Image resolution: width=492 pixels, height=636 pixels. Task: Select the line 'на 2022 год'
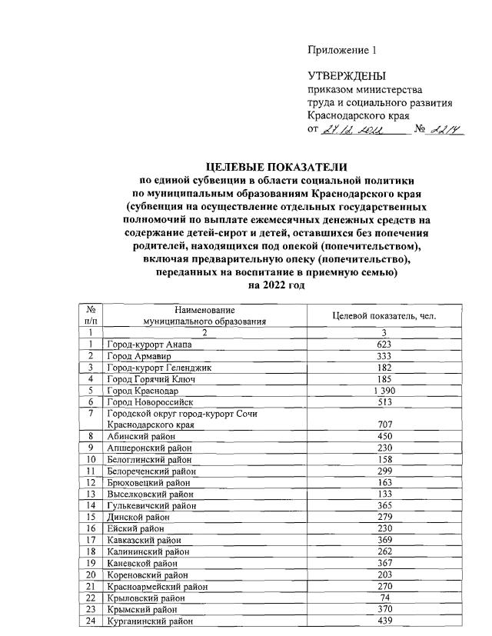coord(277,285)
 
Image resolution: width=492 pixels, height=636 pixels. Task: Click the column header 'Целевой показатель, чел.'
coord(384,315)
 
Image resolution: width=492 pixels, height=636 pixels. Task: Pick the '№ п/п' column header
coord(91,315)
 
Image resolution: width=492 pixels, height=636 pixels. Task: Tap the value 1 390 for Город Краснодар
coord(384,390)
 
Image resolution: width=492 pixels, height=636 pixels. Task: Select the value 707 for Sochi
coord(384,425)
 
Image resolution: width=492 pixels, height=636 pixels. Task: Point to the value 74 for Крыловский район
coord(384,597)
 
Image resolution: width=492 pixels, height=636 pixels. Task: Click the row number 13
coord(91,494)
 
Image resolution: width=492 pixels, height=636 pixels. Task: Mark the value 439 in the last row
coord(384,621)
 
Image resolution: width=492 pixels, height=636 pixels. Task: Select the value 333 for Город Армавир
coord(384,355)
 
